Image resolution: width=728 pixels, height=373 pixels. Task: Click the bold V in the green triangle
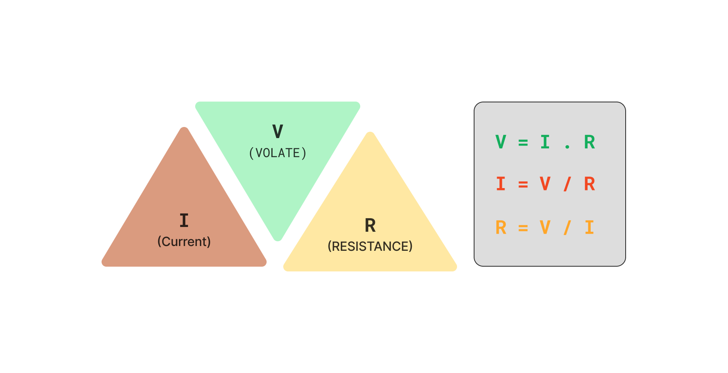[278, 132]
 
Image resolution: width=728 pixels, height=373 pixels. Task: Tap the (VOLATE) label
[278, 153]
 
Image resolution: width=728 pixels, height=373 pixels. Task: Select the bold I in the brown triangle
[184, 221]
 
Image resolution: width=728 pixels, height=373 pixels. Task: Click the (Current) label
[184, 242]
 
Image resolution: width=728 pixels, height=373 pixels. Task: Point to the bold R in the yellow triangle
[370, 226]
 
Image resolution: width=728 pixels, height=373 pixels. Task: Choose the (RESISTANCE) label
[370, 246]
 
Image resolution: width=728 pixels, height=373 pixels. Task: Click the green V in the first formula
[501, 142]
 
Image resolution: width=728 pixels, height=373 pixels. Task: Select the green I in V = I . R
[546, 142]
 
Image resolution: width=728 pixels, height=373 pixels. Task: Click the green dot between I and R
[567, 147]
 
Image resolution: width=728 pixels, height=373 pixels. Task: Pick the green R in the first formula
[590, 142]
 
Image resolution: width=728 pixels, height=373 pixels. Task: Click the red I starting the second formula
[501, 184]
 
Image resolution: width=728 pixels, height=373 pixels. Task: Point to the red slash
[567, 184]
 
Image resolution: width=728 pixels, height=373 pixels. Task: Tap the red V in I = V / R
[546, 184]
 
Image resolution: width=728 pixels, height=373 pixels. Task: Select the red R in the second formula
[590, 184]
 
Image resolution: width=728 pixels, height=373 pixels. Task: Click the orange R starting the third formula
[501, 228]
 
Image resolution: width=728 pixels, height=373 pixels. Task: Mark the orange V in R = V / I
[546, 228]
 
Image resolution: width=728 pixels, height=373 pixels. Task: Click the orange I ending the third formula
[590, 228]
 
